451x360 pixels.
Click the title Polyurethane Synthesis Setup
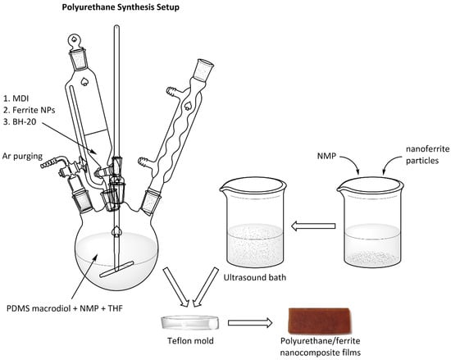click(x=121, y=7)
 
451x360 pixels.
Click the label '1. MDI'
click(x=16, y=98)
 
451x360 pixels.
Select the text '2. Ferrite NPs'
click(x=29, y=110)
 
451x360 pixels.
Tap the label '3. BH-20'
click(x=20, y=122)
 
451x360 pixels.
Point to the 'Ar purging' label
click(x=22, y=157)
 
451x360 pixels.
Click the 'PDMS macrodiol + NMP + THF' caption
click(x=65, y=309)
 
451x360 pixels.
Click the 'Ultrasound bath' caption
click(x=255, y=277)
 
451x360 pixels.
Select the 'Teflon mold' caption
click(x=190, y=341)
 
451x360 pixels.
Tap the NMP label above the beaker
click(x=326, y=156)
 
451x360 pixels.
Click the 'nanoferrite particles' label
click(x=427, y=155)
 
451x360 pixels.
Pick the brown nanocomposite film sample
click(x=320, y=321)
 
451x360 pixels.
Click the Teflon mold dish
click(x=190, y=322)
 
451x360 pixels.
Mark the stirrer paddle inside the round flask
click(x=116, y=269)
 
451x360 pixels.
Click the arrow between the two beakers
click(x=313, y=226)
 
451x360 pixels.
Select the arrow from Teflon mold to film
click(x=250, y=322)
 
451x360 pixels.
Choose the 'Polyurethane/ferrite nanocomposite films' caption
click(x=320, y=347)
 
